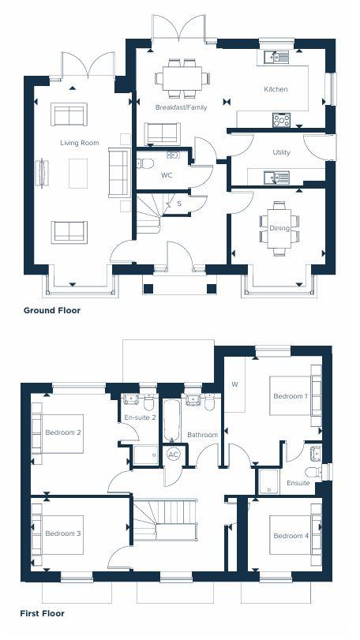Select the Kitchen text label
(276, 89)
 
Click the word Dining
(279, 229)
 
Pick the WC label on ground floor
(167, 175)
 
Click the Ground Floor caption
(52, 310)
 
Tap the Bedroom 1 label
(290, 395)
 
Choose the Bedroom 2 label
(63, 432)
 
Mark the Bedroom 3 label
(62, 533)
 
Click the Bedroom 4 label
(291, 536)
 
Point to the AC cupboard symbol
(174, 455)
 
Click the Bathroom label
(202, 435)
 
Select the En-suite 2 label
(139, 417)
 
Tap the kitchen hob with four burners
(281, 120)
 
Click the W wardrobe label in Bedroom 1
(234, 384)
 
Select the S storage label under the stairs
(179, 204)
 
